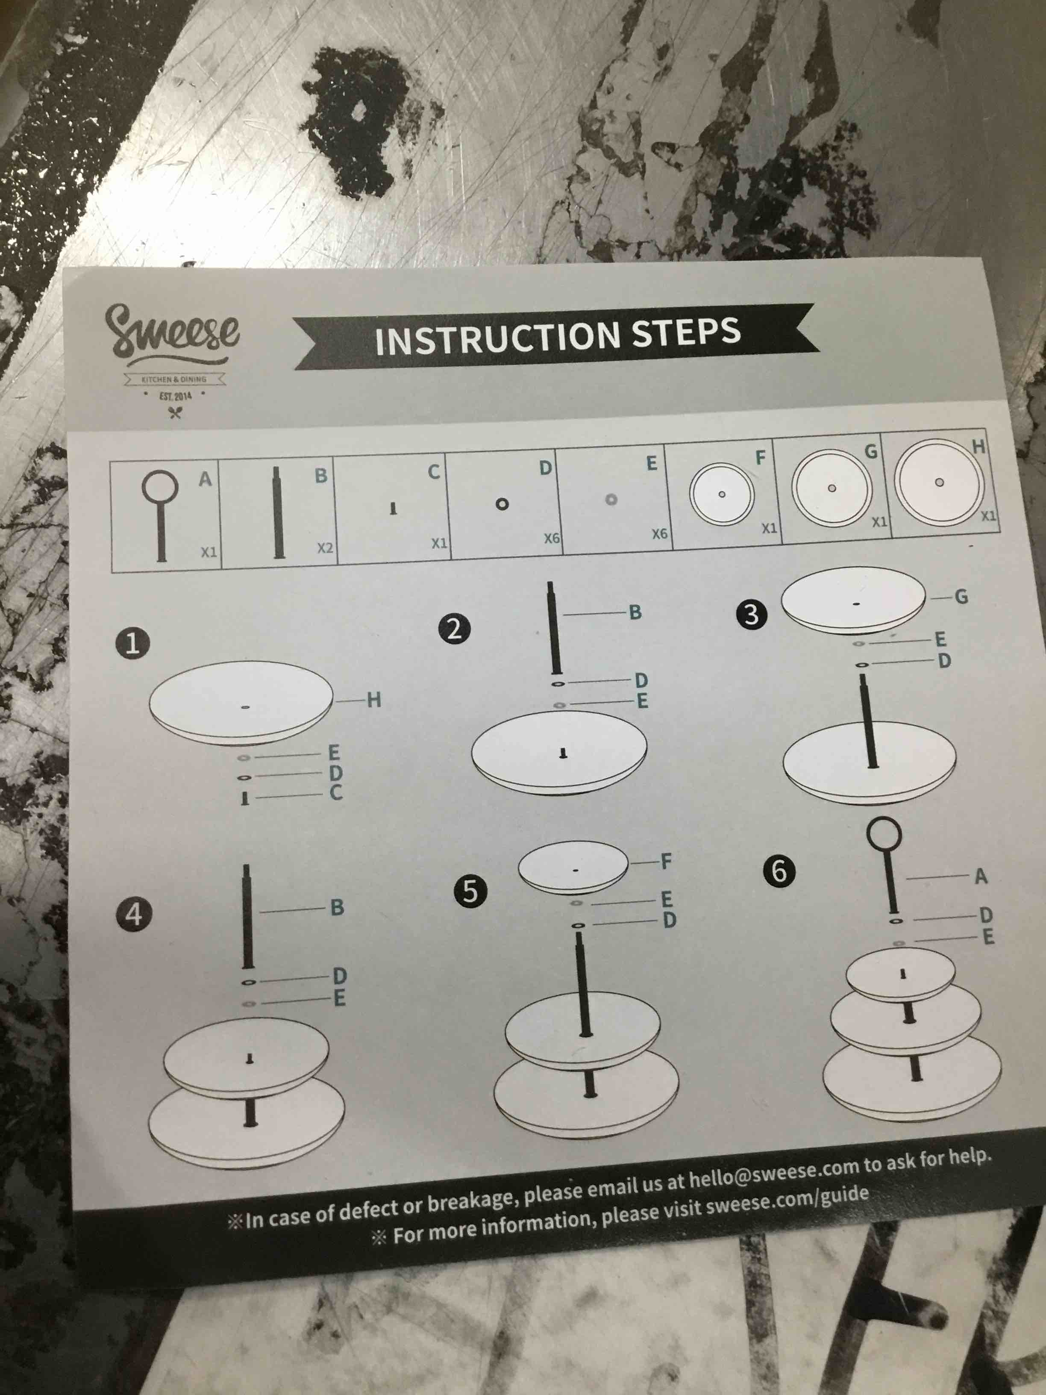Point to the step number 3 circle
[751, 614]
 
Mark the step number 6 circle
[779, 871]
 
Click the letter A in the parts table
[206, 479]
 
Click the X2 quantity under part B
[325, 548]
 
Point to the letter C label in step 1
[336, 792]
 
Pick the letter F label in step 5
[666, 860]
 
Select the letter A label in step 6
[981, 876]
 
